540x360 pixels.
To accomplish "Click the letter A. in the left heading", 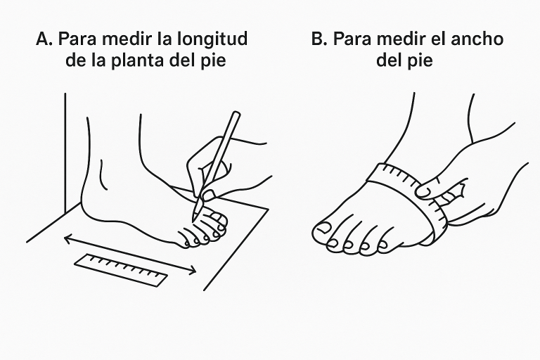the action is pos(44,39).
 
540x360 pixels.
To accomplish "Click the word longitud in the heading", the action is pos(212,39).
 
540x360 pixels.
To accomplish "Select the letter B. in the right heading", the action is pos(319,39).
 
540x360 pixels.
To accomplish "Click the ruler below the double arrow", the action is pos(121,270).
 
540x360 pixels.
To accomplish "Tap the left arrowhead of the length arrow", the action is pos(68,238).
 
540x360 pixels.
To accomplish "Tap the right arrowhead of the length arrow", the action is pos(191,271).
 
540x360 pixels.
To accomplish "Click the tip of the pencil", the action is pos(193,221).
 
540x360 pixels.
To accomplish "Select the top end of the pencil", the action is pos(236,114).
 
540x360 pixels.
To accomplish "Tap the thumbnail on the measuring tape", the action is pos(423,191).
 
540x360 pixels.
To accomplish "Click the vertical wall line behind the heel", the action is pos(65,153).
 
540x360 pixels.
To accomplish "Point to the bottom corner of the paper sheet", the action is pos(204,290).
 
